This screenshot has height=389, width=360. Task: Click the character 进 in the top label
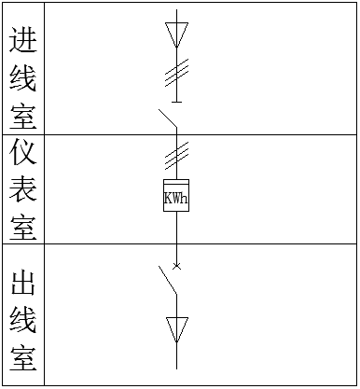click(x=23, y=41)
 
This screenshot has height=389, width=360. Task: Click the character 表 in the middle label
click(x=23, y=189)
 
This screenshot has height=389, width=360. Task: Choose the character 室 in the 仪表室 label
click(x=23, y=225)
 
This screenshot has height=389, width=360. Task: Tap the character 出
click(x=23, y=282)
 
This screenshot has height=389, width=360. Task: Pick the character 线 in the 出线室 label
click(x=23, y=320)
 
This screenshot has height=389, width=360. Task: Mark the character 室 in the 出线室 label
click(x=23, y=358)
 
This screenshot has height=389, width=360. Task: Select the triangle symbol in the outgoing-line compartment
click(x=176, y=329)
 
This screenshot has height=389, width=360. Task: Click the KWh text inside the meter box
click(x=176, y=198)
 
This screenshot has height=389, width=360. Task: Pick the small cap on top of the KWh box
click(x=176, y=181)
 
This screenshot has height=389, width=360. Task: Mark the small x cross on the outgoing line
click(x=176, y=267)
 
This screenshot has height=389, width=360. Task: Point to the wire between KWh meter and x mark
click(x=176, y=239)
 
